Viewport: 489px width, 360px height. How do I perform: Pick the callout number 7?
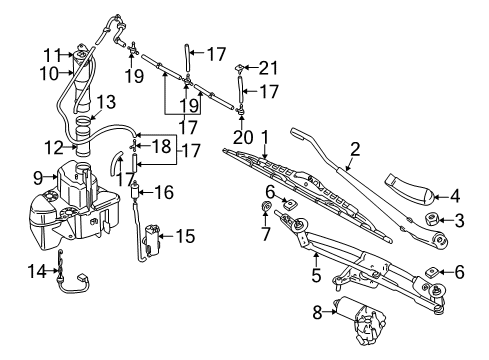[x=267, y=236]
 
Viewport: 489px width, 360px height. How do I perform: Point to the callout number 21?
[x=265, y=68]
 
